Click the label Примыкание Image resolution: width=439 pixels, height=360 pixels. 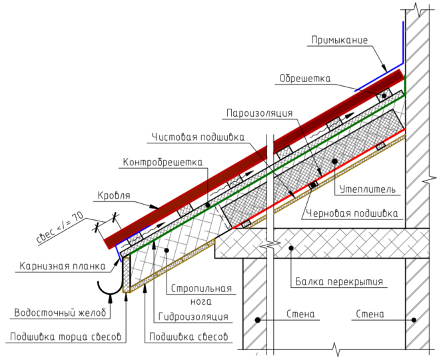tap(339, 40)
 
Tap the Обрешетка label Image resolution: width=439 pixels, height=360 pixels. tap(305, 79)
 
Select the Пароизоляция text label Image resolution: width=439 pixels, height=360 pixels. tap(260, 113)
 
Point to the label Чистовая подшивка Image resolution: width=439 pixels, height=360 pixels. tap(198, 137)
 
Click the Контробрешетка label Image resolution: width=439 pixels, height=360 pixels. tap(163, 162)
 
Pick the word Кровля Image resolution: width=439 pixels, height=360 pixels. tap(114, 195)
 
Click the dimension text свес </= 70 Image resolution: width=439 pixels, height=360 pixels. tap(60, 227)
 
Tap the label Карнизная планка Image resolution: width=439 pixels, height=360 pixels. tap(63, 266)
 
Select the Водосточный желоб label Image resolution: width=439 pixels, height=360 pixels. tap(60, 313)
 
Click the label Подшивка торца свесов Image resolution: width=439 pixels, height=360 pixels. tap(66, 337)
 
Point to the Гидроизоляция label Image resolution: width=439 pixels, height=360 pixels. tap(193, 317)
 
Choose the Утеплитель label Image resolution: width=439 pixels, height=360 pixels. tap(368, 189)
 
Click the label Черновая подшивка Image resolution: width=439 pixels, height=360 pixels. tap(352, 213)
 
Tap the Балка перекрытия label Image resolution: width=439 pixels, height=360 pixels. tap(339, 281)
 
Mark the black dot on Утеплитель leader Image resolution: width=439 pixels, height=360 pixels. tap(334, 161)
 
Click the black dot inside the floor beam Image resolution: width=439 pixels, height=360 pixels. tap(291, 248)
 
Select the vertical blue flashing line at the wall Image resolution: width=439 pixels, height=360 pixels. tap(404, 42)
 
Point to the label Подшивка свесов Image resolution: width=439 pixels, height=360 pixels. tap(189, 337)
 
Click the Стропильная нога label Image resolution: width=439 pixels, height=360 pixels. tap(201, 295)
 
